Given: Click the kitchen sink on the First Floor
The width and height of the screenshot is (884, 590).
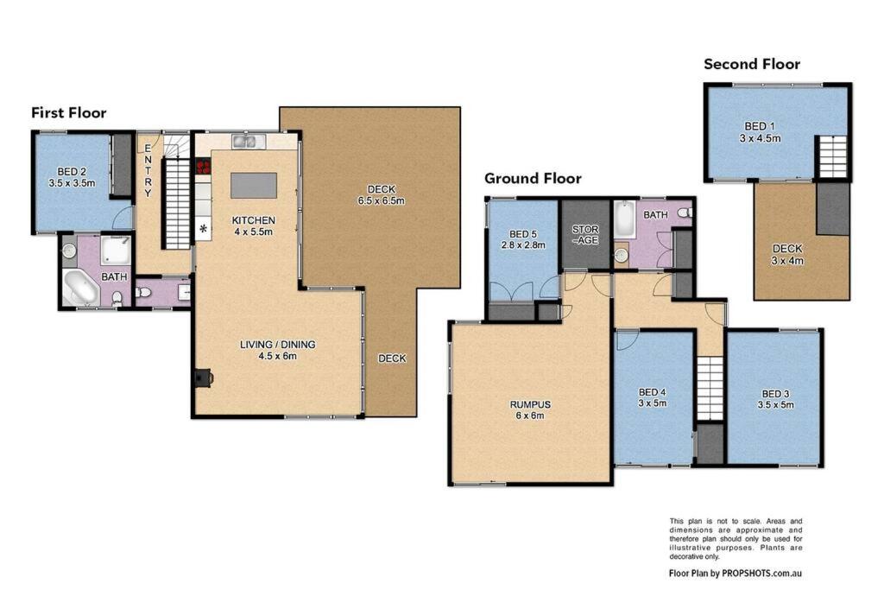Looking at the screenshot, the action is coord(246,141).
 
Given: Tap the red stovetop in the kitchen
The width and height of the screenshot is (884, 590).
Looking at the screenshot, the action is coord(203,167).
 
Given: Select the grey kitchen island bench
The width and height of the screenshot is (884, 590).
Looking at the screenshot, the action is coord(254,186).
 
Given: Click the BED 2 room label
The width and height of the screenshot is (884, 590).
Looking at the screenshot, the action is coord(73,177).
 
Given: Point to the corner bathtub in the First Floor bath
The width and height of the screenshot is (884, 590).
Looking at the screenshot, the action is coord(80,288).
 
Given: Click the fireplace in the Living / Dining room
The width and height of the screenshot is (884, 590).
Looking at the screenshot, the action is coord(202,377).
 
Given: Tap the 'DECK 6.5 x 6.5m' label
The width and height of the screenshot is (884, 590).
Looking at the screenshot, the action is coord(381,194).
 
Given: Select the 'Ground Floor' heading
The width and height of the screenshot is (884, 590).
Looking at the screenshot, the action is coord(533,178).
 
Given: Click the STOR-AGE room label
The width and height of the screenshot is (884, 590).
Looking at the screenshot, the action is coord(585,235).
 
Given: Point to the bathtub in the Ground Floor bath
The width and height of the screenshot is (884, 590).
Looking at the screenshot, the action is coord(625,219).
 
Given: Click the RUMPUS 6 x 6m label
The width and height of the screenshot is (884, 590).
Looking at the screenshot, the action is coord(530,410).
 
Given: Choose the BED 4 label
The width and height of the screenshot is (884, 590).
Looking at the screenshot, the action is coord(653,397).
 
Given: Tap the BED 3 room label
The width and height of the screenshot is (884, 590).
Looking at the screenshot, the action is coord(776,399).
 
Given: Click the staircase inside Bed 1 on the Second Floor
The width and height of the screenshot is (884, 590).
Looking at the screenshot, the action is coord(833,157).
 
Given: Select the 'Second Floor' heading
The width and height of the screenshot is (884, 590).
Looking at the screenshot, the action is coord(752,64).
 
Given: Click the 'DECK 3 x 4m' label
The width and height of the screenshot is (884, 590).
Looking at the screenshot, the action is coord(787,254).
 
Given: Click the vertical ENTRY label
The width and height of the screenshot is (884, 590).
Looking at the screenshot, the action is coord(148,170).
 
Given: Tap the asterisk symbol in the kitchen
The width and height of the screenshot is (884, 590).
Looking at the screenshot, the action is coord(203,229).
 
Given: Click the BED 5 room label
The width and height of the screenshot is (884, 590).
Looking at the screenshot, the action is coord(523,239).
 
